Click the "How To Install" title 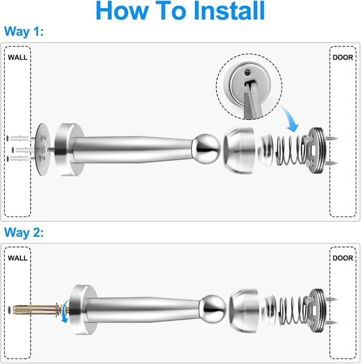(x=180, y=11)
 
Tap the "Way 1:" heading (x=24, y=31)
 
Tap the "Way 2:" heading (x=24, y=232)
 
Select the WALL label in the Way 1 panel (x=17, y=57)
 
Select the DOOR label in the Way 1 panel (x=343, y=57)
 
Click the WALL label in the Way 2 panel (x=17, y=258)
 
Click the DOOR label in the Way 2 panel (x=343, y=258)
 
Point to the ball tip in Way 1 (x=206, y=149)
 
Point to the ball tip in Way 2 (x=213, y=309)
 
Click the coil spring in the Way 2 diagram (x=294, y=310)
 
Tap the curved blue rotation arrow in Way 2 (x=66, y=311)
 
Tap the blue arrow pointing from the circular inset (x=291, y=119)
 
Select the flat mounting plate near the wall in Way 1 (x=43, y=149)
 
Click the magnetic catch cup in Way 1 (x=239, y=151)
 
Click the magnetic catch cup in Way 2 (x=244, y=310)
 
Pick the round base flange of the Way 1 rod (x=70, y=149)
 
